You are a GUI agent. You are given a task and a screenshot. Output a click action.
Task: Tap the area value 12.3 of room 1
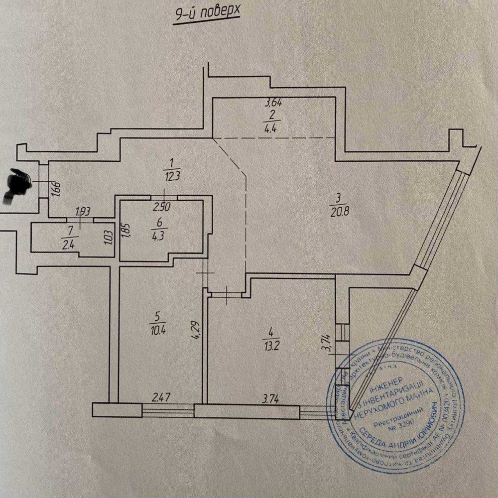point(171,175)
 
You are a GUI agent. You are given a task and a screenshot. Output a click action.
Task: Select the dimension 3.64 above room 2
point(274,104)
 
